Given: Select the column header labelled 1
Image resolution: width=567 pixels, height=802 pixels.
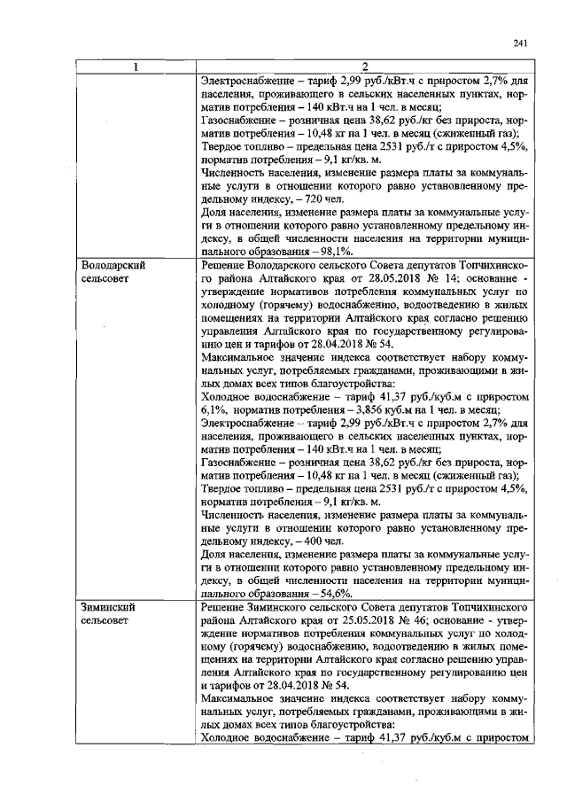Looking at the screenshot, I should [x=135, y=67].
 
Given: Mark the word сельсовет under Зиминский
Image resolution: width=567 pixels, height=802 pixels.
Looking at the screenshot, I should [x=105, y=622].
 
